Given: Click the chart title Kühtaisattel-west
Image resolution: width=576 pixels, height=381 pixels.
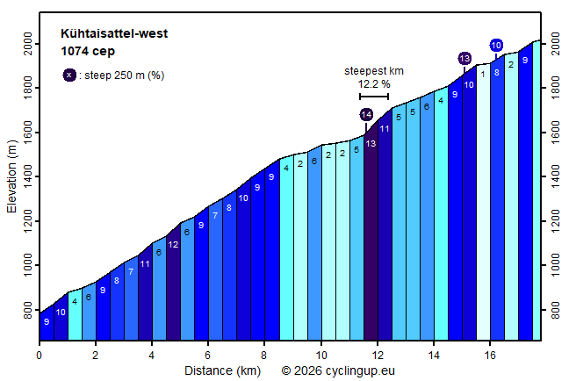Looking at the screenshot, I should click(114, 34).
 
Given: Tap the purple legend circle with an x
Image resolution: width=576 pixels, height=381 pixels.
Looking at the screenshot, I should click(69, 75).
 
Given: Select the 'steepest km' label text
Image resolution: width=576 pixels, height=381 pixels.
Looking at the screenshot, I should click(374, 70).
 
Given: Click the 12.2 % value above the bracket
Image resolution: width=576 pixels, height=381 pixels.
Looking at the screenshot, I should click(374, 84).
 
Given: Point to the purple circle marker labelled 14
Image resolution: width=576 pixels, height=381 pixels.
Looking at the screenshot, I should click(366, 115).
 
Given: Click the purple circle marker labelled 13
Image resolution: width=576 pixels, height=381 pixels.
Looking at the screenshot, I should click(464, 58).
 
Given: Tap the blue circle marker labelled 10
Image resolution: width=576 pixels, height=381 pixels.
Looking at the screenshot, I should click(496, 46).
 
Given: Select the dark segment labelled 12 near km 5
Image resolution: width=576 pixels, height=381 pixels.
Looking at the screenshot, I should click(173, 244).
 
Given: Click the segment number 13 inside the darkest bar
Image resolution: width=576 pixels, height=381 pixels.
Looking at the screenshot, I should click(371, 143).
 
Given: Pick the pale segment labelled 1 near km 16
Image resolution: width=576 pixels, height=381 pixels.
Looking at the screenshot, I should click(482, 74).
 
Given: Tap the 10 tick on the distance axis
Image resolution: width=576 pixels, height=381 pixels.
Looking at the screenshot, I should click(321, 355).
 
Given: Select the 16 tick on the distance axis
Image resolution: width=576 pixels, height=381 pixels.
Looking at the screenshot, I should click(490, 355).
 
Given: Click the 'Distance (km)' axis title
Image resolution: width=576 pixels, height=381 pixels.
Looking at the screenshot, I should click(222, 370).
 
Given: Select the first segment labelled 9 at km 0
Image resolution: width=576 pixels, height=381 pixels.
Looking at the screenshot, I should click(46, 322).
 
